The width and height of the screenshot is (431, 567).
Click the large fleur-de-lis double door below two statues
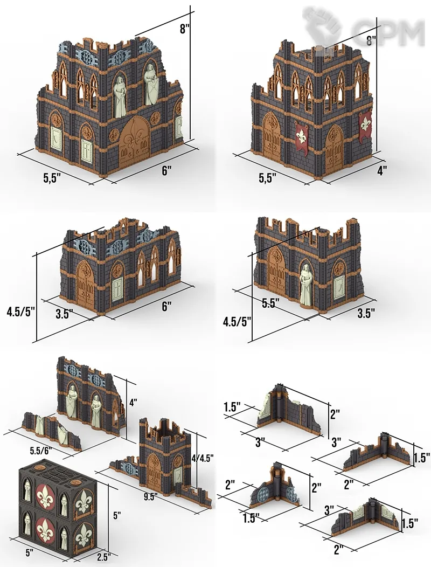tap(134, 142)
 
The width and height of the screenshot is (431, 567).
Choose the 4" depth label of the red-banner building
tap(382, 170)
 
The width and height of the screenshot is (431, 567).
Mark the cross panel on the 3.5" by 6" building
tap(117, 289)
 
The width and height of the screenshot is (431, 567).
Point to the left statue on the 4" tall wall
tap(73, 402)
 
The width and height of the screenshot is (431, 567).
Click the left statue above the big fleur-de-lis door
tap(120, 97)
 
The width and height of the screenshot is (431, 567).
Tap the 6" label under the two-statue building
tap(166, 171)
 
